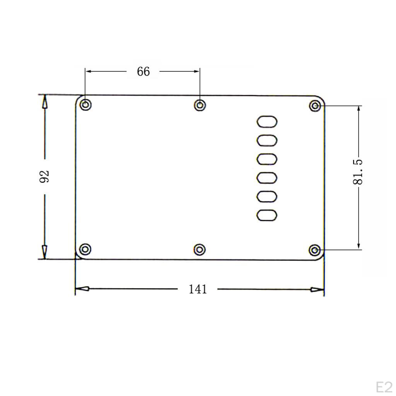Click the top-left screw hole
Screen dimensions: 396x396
click(85, 105)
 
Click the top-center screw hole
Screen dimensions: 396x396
click(200, 105)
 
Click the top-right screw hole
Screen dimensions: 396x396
click(315, 106)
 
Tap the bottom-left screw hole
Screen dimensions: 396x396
click(85, 249)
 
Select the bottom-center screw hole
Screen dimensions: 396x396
click(199, 249)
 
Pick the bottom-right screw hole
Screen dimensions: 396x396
click(315, 250)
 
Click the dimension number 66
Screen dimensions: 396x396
click(143, 72)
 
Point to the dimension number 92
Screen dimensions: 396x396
click(45, 176)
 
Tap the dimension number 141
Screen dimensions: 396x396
click(198, 289)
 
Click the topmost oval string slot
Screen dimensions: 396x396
click(267, 121)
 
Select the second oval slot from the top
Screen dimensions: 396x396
click(267, 140)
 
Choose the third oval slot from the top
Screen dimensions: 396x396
click(267, 159)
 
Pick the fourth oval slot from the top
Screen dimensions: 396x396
click(267, 178)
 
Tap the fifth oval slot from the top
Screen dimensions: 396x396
click(267, 196)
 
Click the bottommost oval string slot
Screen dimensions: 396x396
click(267, 215)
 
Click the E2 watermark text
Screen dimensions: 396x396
click(384, 387)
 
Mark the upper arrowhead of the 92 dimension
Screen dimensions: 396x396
click(45, 102)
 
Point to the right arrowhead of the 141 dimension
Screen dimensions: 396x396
click(317, 289)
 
